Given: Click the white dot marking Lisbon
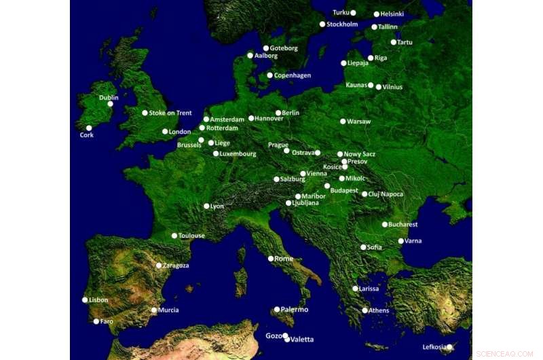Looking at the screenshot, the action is coord(85,300).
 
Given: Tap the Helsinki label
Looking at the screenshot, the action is coord(392,14).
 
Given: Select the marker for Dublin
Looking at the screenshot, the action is coord(111,104).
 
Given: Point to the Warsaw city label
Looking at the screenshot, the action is coord(358,122).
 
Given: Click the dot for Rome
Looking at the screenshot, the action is coord(271,259).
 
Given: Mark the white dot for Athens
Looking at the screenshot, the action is coord(365,310).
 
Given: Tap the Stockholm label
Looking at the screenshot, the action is coord(342,24).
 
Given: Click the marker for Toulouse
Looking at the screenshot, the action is coord(174,236).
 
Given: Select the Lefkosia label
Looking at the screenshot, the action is coord(434,347).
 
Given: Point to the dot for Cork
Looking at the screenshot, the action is coord(89,128).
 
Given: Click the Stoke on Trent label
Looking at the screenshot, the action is coord(170,113).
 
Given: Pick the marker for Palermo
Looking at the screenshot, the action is coord(277,309).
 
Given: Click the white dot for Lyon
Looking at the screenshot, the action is coord(206,206).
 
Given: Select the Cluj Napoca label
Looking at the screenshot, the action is coord(386,194).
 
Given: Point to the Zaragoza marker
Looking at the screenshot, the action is coord(159,266).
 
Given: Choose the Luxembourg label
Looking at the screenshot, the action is coord(238,154).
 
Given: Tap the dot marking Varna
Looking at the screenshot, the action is coord(401,240).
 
